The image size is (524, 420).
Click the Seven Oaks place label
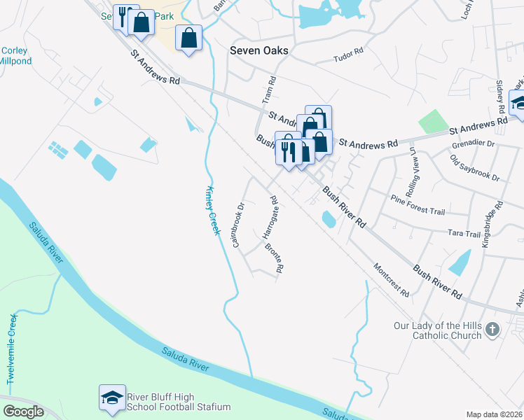259,51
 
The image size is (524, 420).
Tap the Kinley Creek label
213,211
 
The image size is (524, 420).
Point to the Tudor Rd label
348,52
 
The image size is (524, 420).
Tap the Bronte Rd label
274,259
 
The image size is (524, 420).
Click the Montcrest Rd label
391,280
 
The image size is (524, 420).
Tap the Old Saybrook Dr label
475,168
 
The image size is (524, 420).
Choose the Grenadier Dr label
473,143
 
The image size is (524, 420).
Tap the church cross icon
492,329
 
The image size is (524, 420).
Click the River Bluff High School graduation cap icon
112,398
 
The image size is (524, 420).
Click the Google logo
23,412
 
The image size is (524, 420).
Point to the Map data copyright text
494,414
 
